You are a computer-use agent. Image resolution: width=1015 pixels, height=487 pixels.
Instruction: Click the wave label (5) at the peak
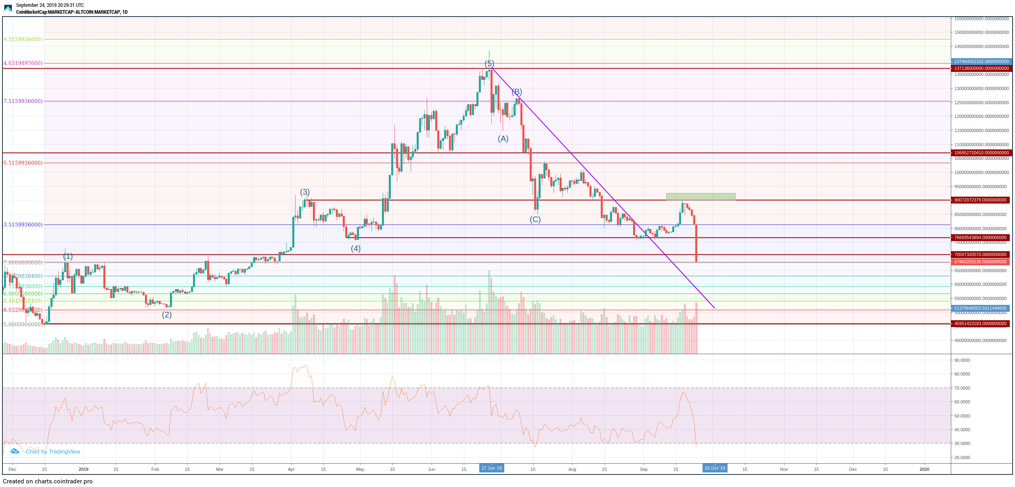(x=489, y=64)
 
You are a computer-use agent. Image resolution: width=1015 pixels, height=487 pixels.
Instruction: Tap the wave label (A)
(x=503, y=139)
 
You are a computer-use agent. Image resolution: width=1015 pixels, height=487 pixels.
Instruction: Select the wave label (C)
(x=535, y=220)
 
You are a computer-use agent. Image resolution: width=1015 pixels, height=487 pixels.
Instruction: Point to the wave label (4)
(x=355, y=249)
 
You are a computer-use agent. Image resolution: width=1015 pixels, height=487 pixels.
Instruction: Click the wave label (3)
(x=305, y=192)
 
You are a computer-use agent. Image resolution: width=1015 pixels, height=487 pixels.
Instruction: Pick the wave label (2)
(x=167, y=315)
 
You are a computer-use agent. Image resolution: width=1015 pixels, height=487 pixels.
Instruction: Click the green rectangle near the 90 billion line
(x=700, y=197)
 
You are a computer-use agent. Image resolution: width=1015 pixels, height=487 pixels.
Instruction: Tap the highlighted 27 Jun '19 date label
(x=492, y=468)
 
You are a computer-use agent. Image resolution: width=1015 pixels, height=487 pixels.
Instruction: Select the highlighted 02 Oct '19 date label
(x=715, y=468)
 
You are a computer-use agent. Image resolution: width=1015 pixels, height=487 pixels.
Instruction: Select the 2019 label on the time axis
(x=84, y=469)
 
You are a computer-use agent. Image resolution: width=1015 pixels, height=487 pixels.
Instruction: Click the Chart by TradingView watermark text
(x=53, y=452)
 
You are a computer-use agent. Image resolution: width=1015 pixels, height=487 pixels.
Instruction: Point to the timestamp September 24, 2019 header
(x=50, y=5)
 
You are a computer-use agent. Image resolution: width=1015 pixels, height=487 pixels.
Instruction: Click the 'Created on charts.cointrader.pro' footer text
(x=48, y=481)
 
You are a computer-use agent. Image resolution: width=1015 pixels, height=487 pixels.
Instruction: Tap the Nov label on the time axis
(x=784, y=469)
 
